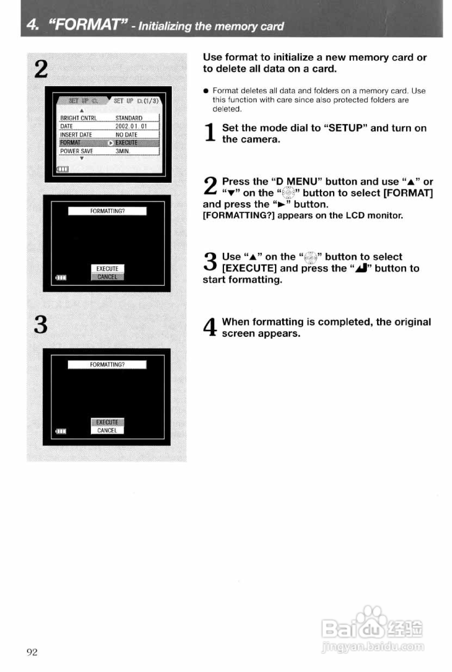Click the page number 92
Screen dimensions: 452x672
[x=32, y=652]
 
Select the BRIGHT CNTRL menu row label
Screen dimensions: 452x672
[x=78, y=118]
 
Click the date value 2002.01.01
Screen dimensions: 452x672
[x=131, y=126]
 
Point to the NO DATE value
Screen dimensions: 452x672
[x=126, y=135]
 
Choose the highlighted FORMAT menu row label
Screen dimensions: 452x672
[x=70, y=143]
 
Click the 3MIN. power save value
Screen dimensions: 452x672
[x=123, y=151]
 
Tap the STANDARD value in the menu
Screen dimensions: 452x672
[x=129, y=118]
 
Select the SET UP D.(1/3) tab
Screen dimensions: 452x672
[x=136, y=101]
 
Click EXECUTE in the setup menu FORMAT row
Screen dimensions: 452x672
[x=126, y=143]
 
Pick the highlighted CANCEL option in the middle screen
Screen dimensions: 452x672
[x=107, y=277]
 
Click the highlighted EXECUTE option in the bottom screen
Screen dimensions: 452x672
[x=107, y=422]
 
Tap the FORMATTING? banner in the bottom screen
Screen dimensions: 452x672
[x=107, y=365]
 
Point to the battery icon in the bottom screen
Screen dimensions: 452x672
[x=61, y=431]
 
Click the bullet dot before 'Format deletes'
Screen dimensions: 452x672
[x=206, y=91]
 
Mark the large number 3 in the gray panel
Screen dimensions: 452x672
[x=41, y=324]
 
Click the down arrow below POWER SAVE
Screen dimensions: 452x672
[x=82, y=158]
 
